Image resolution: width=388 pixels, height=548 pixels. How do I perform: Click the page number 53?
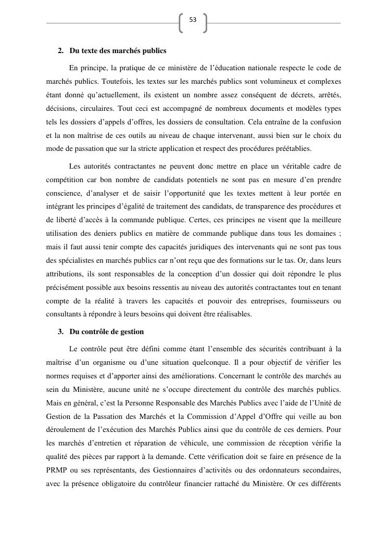tap(193, 20)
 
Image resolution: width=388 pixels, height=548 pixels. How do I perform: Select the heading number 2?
tap(60, 51)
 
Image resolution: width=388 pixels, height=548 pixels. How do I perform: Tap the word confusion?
tap(326, 122)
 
